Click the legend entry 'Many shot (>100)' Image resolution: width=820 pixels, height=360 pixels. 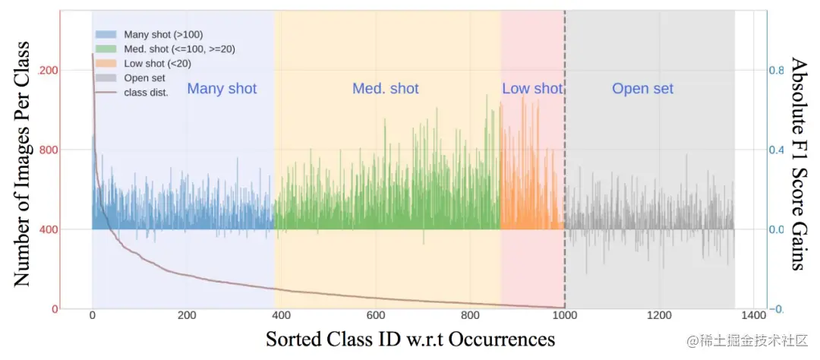pyautogui.click(x=162, y=34)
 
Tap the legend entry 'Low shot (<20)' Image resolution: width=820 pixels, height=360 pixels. pyautogui.click(x=155, y=63)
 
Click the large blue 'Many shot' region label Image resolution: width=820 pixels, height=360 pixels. pyautogui.click(x=222, y=89)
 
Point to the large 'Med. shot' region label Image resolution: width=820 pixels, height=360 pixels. pyautogui.click(x=385, y=89)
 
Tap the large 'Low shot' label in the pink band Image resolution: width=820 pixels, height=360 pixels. pyautogui.click(x=531, y=89)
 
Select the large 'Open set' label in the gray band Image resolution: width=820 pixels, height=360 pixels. pyautogui.click(x=642, y=89)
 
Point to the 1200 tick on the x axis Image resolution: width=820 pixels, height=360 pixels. pyautogui.click(x=659, y=316)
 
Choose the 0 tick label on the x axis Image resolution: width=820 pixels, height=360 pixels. pyautogui.click(x=92, y=316)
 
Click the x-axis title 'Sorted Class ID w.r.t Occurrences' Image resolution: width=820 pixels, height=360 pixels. pyautogui.click(x=410, y=339)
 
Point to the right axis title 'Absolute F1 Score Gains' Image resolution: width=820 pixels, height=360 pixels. pyautogui.click(x=798, y=163)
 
